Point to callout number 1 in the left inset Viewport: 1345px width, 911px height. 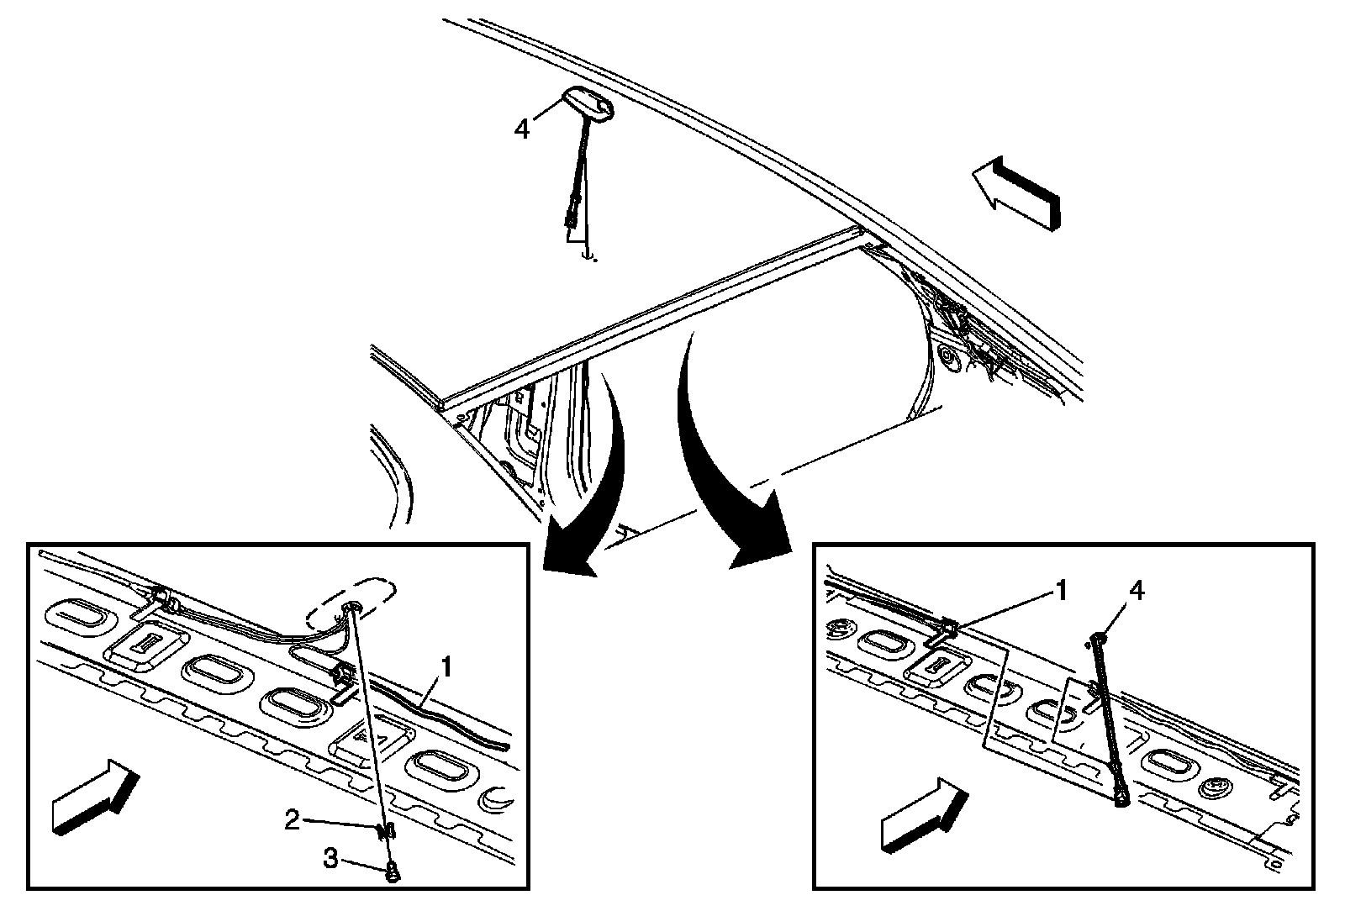coord(447,668)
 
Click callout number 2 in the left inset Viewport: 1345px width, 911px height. coord(292,820)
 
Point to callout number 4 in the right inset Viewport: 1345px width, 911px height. coord(1136,591)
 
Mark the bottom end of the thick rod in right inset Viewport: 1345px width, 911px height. coord(1121,800)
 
